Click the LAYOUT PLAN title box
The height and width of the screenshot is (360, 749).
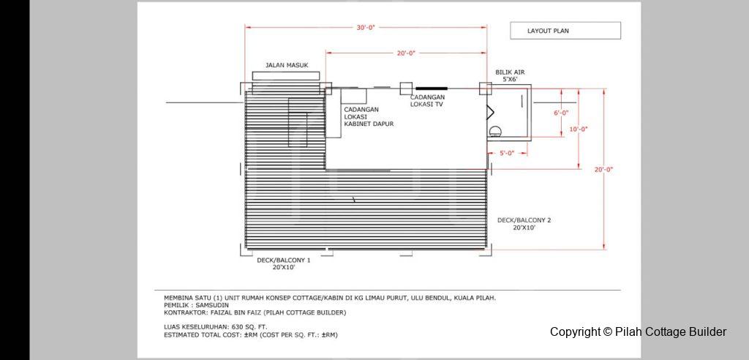pyautogui.click(x=565, y=31)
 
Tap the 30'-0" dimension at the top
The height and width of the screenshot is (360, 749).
pyautogui.click(x=366, y=27)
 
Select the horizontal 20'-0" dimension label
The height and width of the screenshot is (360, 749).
pyautogui.click(x=406, y=53)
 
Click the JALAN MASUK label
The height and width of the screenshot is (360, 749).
pyautogui.click(x=287, y=65)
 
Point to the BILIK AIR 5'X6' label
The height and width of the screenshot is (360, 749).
pyautogui.click(x=510, y=75)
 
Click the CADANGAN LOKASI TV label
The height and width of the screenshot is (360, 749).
pyautogui.click(x=428, y=100)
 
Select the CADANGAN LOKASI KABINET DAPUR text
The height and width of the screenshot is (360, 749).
pyautogui.click(x=369, y=116)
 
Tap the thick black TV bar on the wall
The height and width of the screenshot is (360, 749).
pyautogui.click(x=432, y=89)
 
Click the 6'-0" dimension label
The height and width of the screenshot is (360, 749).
pyautogui.click(x=561, y=113)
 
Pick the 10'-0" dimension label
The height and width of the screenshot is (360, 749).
pyautogui.click(x=579, y=129)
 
